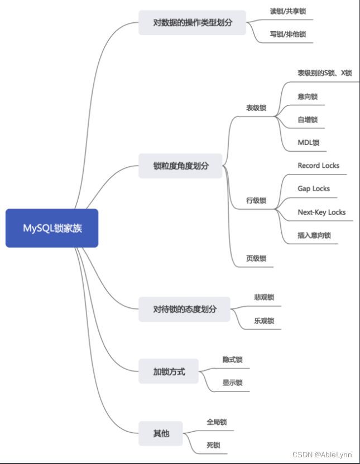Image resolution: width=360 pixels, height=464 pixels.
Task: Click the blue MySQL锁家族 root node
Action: click(x=52, y=228)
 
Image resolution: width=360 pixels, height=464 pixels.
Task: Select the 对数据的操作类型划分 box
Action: click(x=192, y=23)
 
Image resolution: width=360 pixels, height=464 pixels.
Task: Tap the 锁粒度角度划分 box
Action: click(x=180, y=166)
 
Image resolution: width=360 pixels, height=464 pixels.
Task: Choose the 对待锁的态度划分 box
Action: click(x=184, y=309)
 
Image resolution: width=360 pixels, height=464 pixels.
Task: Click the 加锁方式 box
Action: click(x=169, y=371)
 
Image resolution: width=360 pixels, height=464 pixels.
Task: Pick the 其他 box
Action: click(x=161, y=433)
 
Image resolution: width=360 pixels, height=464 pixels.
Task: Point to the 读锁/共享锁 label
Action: click(x=287, y=11)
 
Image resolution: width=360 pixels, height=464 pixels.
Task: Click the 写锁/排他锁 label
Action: click(x=287, y=34)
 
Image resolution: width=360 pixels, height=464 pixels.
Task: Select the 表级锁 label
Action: click(x=256, y=108)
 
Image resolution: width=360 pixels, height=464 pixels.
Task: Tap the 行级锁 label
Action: click(x=256, y=200)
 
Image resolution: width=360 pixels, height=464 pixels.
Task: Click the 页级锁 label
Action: click(x=256, y=258)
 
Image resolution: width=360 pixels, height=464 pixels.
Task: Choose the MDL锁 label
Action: click(x=309, y=142)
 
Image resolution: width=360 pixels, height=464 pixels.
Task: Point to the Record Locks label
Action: click(x=318, y=166)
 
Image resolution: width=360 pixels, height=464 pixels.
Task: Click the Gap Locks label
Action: click(x=314, y=188)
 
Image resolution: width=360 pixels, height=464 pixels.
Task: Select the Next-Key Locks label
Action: click(x=321, y=212)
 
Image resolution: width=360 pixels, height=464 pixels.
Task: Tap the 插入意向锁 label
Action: click(x=314, y=235)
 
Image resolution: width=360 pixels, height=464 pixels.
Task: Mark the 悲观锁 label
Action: click(x=264, y=297)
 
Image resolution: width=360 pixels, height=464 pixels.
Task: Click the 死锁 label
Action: click(x=213, y=445)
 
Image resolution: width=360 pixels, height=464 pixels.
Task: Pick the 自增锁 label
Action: click(x=308, y=119)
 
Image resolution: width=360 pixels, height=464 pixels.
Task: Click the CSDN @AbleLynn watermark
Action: click(x=326, y=455)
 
